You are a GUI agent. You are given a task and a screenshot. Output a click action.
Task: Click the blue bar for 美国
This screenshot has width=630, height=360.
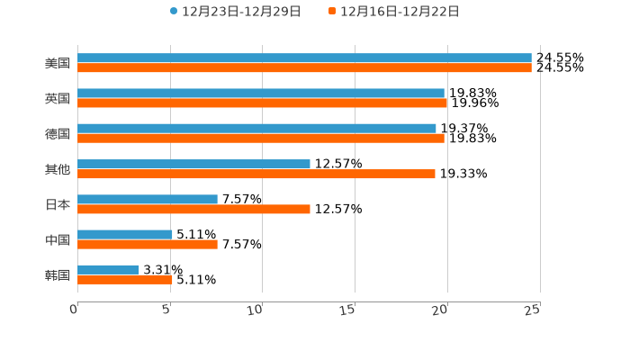click(x=304, y=58)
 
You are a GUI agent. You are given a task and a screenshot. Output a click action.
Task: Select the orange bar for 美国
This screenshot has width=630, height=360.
click(x=304, y=67)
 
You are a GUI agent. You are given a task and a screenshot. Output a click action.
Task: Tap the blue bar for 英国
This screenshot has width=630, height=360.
click(x=261, y=93)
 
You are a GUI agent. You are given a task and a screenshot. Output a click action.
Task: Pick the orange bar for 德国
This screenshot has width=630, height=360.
click(x=261, y=139)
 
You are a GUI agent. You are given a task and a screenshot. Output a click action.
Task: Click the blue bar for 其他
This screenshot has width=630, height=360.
click(x=193, y=164)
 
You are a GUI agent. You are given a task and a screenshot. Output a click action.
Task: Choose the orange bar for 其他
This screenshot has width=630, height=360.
click(x=256, y=174)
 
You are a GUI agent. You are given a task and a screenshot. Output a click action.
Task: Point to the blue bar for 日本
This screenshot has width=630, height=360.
click(x=148, y=199)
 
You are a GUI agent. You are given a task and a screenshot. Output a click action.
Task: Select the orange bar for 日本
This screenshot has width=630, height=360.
click(x=193, y=209)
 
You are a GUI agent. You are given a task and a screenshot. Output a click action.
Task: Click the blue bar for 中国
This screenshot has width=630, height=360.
click(x=125, y=234)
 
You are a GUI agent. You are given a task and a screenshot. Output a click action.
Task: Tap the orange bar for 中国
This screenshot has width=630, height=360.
click(x=148, y=244)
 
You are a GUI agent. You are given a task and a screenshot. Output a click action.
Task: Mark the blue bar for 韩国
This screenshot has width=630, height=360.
click(x=108, y=269)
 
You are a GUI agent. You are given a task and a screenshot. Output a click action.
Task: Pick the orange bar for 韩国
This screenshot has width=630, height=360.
click(x=125, y=279)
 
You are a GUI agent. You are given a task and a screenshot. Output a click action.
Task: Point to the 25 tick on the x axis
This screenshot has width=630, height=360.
click(x=533, y=310)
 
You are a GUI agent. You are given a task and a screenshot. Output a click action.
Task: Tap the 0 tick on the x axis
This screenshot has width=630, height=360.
click(x=74, y=310)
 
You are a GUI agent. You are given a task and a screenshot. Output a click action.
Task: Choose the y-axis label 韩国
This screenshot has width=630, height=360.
click(x=58, y=274)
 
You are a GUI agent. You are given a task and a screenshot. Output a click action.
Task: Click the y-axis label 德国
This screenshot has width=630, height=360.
click(x=58, y=133)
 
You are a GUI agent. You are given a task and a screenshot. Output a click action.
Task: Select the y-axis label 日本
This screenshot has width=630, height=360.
click(x=58, y=204)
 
